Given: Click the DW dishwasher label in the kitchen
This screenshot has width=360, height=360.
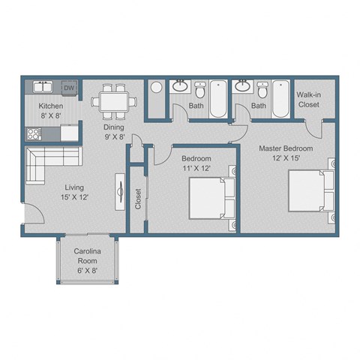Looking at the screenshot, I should (x=69, y=88).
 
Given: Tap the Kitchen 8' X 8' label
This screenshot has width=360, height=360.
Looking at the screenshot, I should (x=50, y=111).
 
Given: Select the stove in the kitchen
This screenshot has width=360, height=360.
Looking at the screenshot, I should (x=33, y=134).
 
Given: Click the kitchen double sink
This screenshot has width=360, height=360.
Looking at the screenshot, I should (x=40, y=87).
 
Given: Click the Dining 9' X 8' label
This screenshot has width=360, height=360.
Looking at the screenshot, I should (x=114, y=132).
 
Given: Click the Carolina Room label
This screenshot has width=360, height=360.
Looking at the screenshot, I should (x=87, y=260).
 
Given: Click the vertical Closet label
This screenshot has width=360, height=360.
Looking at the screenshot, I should (x=138, y=199).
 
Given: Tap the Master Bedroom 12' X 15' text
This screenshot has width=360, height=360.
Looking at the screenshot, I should (x=285, y=154).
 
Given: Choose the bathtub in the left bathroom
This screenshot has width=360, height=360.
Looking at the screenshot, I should (x=217, y=98).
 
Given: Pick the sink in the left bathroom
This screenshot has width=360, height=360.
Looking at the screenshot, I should (x=180, y=86).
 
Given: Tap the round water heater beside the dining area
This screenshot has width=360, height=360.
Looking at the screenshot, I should (x=155, y=88).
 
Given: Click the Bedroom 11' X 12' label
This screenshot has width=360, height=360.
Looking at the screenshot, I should (x=196, y=163).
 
